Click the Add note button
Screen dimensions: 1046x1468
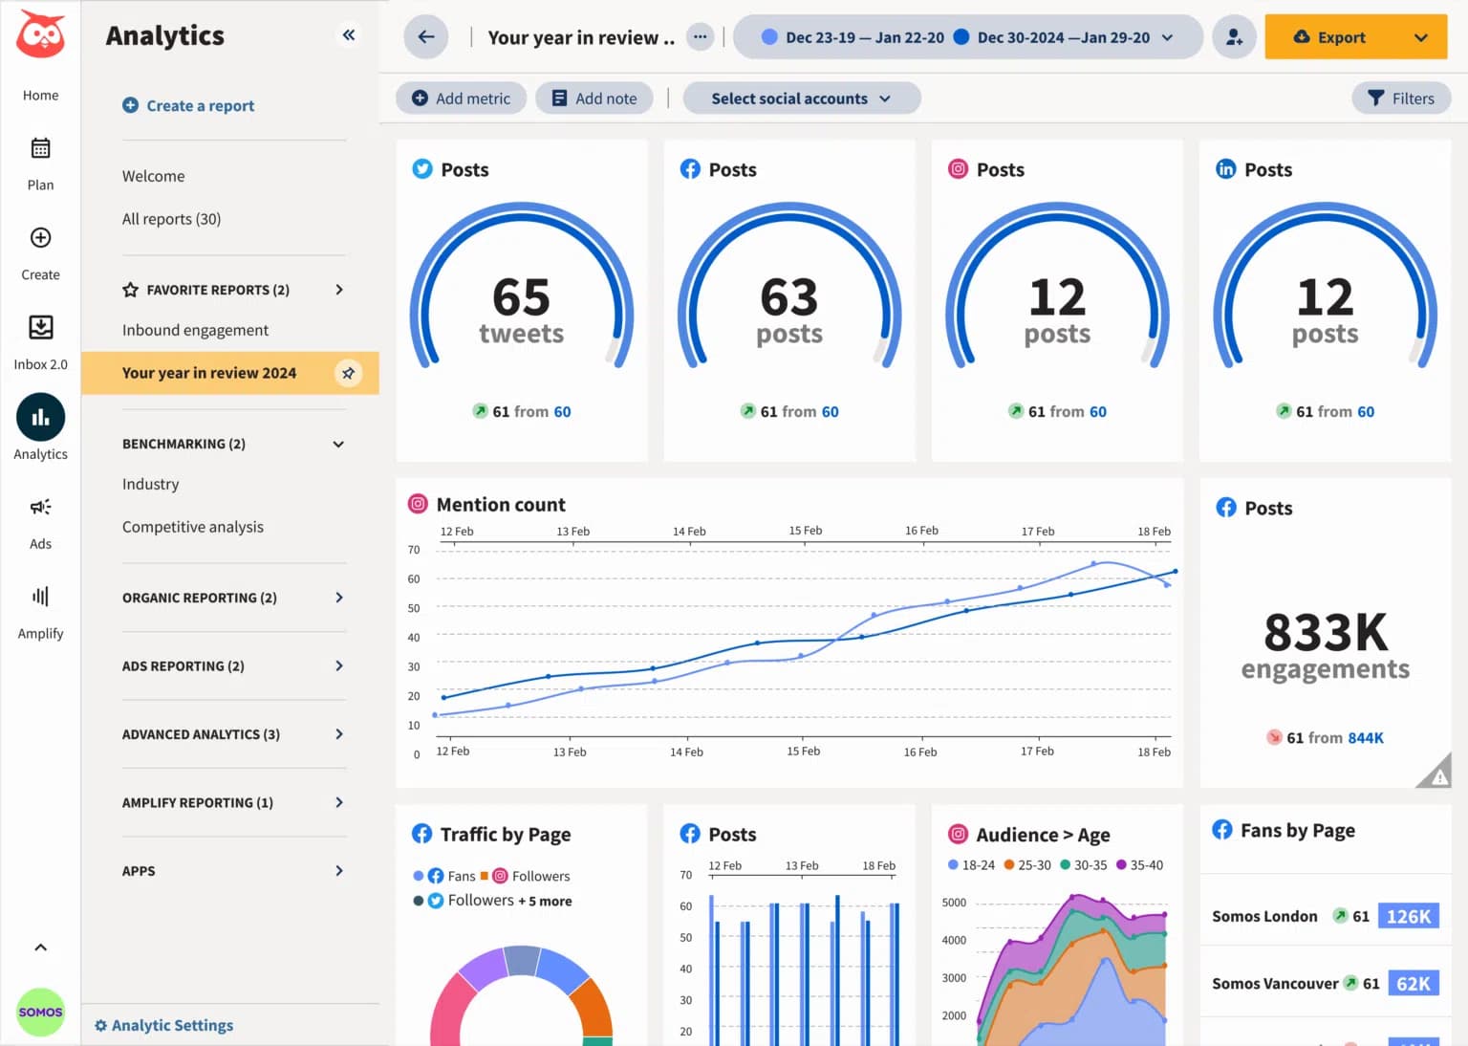(x=594, y=98)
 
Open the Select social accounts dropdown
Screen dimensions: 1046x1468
(x=801, y=98)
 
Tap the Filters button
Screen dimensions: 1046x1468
(x=1400, y=98)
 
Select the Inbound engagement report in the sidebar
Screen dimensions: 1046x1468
(x=195, y=330)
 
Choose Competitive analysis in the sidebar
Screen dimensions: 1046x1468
(x=192, y=527)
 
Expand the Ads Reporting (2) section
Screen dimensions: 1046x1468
(x=232, y=665)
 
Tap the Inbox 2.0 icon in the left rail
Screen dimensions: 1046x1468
(x=40, y=328)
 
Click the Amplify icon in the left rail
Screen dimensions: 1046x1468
(x=40, y=597)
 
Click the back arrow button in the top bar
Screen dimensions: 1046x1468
(x=426, y=37)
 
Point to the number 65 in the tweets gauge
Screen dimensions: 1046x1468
(x=521, y=297)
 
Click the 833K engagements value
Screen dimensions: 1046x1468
(x=1325, y=633)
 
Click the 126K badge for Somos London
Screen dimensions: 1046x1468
(x=1408, y=916)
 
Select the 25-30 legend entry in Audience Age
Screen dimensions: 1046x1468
(x=1027, y=865)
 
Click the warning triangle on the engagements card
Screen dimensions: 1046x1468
(x=1436, y=774)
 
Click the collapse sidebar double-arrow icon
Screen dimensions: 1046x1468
(x=349, y=35)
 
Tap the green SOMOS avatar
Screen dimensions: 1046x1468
(x=40, y=1012)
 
